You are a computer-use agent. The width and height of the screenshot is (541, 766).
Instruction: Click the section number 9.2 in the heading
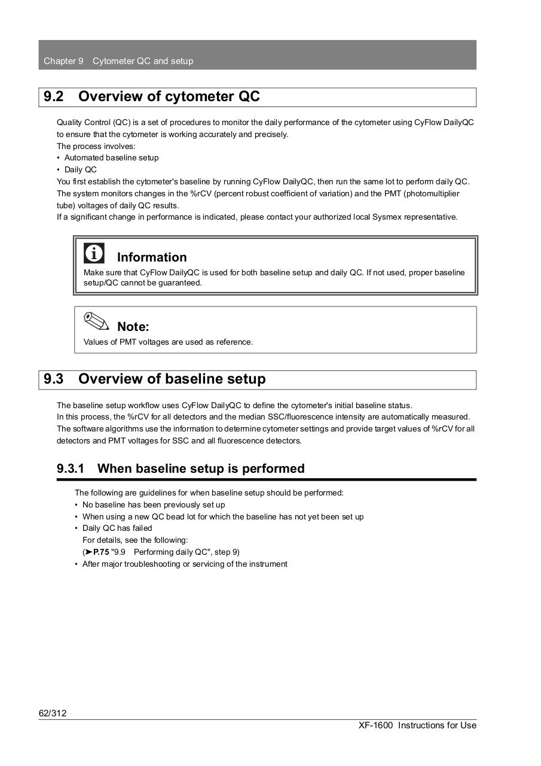click(x=54, y=97)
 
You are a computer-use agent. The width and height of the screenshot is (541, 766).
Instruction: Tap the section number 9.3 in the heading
click(x=54, y=379)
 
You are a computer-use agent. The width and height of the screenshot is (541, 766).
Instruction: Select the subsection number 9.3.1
click(x=71, y=469)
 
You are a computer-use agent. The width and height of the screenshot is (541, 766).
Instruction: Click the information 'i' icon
click(x=94, y=253)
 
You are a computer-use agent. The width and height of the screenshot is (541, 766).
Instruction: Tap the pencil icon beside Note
click(x=96, y=321)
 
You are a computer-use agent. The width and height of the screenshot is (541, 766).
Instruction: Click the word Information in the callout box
click(x=152, y=257)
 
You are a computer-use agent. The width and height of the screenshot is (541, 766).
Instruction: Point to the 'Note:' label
click(x=133, y=327)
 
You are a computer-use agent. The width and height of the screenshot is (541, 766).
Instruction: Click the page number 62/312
click(x=53, y=713)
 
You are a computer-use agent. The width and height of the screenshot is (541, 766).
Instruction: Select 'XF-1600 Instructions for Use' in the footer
click(x=417, y=725)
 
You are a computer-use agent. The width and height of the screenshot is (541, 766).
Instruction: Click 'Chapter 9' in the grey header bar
click(x=63, y=61)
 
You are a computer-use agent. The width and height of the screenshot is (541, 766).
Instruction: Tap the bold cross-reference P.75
click(x=101, y=552)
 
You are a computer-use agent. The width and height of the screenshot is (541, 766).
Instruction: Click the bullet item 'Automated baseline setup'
click(x=111, y=158)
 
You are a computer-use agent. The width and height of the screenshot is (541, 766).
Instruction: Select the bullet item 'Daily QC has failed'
click(x=117, y=528)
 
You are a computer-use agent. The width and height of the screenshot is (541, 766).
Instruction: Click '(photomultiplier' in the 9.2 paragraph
click(x=432, y=194)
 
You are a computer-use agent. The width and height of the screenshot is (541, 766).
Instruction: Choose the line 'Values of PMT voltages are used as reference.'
click(x=168, y=342)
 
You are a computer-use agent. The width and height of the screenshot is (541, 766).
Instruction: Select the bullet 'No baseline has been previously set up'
click(x=154, y=505)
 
